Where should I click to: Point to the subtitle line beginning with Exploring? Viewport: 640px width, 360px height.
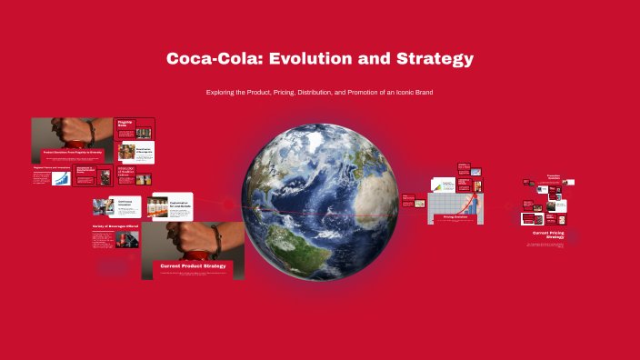click(319, 93)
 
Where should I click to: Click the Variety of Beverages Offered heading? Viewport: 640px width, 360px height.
click(114, 226)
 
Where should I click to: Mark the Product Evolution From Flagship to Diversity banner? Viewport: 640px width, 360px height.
click(74, 152)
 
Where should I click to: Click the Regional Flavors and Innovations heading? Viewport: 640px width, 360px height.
click(52, 167)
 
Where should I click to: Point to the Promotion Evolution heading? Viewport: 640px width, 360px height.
click(553, 176)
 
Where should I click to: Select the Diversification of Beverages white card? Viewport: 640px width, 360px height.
click(135, 152)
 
